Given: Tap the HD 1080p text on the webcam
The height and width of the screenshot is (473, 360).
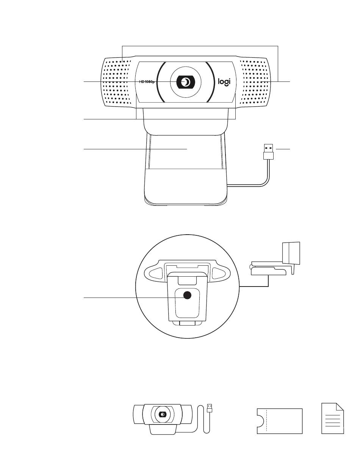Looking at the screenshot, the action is pyautogui.click(x=147, y=82).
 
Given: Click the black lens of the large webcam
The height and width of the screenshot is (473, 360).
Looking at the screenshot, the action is pyautogui.click(x=186, y=82).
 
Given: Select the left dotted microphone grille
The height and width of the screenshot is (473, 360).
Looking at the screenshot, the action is pyautogui.click(x=116, y=82).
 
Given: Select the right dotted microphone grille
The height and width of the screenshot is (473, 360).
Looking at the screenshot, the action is pyautogui.click(x=255, y=82).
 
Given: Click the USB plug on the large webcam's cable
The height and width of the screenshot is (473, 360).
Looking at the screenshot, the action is pyautogui.click(x=268, y=150).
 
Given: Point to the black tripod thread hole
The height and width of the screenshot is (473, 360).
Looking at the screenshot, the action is pyautogui.click(x=187, y=296).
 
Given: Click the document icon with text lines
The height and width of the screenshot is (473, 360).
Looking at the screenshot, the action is pyautogui.click(x=332, y=418).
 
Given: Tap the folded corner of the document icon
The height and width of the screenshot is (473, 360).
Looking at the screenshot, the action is pyautogui.click(x=340, y=407).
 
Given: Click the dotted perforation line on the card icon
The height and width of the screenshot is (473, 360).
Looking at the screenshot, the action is pyautogui.click(x=267, y=420).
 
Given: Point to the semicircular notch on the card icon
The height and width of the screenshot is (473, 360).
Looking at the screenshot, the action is pyautogui.click(x=260, y=421).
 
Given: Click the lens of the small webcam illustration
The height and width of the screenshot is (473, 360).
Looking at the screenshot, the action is pyautogui.click(x=163, y=415).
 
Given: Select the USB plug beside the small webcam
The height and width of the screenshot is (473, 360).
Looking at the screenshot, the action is pyautogui.click(x=210, y=408).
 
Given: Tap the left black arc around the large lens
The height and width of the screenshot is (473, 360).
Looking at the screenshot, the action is pyautogui.click(x=159, y=82).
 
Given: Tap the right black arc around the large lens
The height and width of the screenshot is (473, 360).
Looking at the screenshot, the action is pyautogui.click(x=213, y=82).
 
